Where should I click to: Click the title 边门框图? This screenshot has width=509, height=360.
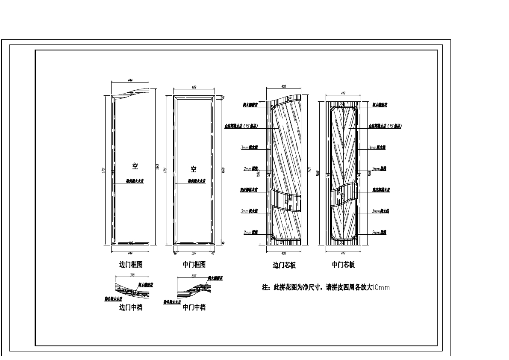pyautogui.click(x=130, y=265)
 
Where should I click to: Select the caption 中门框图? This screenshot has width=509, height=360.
pyautogui.click(x=194, y=265)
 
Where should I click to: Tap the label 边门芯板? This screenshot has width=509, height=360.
pyautogui.click(x=284, y=265)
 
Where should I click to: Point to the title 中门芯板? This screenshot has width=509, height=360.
pyautogui.click(x=343, y=265)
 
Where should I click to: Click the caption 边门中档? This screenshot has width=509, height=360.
pyautogui.click(x=130, y=307)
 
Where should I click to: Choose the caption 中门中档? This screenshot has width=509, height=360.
pyautogui.click(x=194, y=307)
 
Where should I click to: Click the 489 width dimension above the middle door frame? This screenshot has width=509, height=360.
pyautogui.click(x=194, y=87)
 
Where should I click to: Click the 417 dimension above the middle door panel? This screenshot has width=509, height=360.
pyautogui.click(x=344, y=93)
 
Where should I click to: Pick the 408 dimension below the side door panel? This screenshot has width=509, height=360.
pyautogui.click(x=284, y=253)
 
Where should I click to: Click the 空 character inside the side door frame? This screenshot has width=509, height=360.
pyautogui.click(x=135, y=166)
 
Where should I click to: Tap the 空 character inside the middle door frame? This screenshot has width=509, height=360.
pyautogui.click(x=194, y=169)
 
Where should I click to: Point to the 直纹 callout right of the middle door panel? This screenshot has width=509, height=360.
pyautogui.click(x=381, y=190)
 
